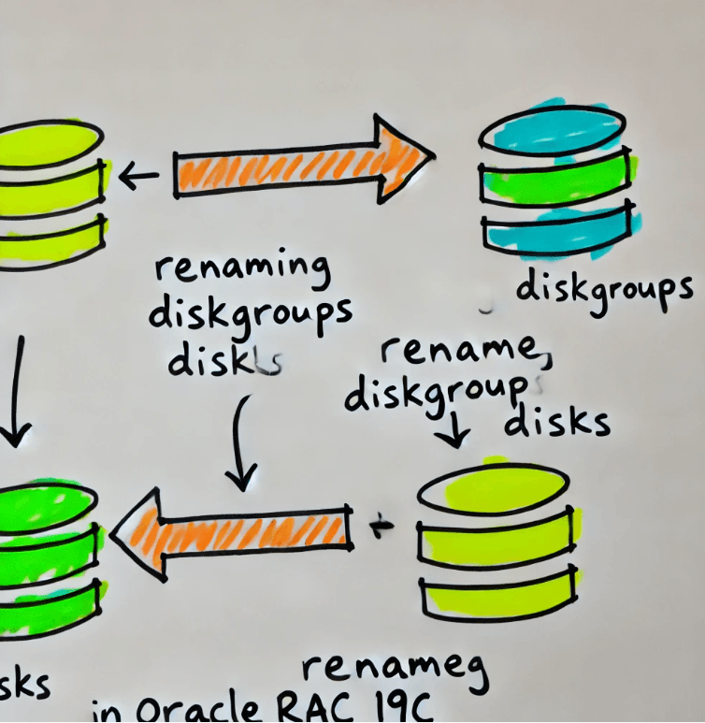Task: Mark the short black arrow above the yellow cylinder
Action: click(456, 431)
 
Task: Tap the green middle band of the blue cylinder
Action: click(552, 183)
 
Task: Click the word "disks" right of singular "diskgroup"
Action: click(557, 423)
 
